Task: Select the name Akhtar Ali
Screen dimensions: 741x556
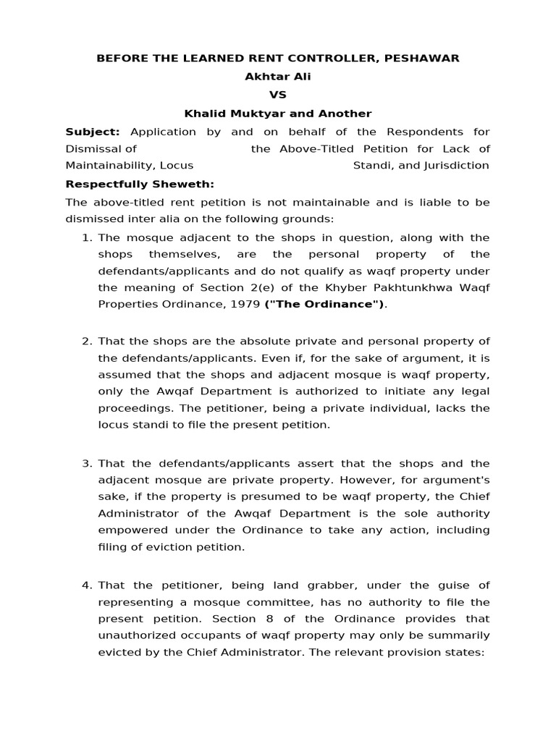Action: point(278,77)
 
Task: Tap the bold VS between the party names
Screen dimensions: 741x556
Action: point(278,95)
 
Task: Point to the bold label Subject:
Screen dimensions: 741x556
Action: point(93,132)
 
